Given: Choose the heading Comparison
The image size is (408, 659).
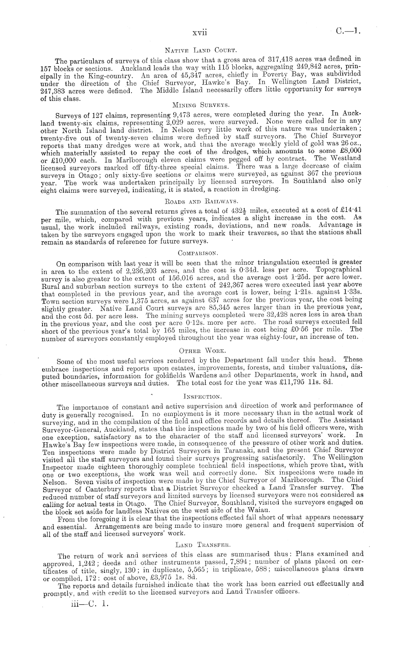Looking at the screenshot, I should pyautogui.click(x=198, y=253).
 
